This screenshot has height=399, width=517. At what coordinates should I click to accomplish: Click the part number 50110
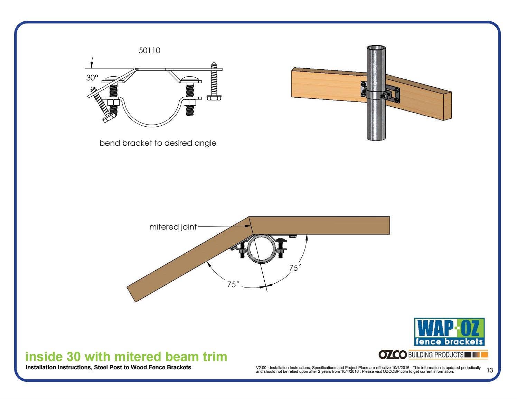tap(149, 50)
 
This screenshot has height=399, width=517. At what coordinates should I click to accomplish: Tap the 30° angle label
tap(92, 78)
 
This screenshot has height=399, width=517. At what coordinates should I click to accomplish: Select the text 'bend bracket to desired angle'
tap(158, 143)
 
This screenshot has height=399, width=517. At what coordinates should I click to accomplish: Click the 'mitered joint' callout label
tap(173, 227)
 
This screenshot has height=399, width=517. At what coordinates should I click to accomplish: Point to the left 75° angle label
tap(233, 284)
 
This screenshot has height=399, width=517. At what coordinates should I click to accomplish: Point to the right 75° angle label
tap(295, 267)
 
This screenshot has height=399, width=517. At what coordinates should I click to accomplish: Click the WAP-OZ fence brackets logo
tap(449, 332)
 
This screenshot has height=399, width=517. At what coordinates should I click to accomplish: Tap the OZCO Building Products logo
tap(433, 354)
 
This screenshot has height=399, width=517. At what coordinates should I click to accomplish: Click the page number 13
tap(489, 370)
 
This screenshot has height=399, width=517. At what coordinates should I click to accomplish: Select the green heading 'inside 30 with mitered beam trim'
tap(126, 357)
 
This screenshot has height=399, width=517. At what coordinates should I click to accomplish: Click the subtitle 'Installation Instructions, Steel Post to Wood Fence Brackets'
tap(109, 367)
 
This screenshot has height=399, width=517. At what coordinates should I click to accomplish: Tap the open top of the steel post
tap(376, 48)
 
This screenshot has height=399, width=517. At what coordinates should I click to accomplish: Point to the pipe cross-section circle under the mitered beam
tap(261, 249)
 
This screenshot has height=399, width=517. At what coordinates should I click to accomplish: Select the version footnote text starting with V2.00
tap(368, 370)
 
